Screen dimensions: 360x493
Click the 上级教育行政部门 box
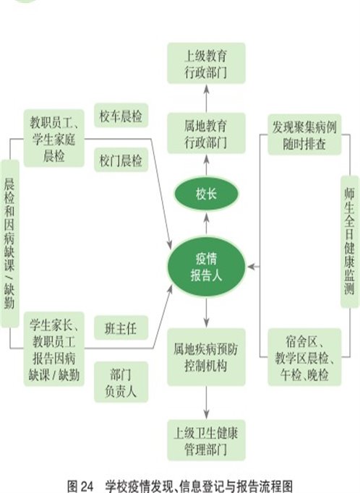[206, 63]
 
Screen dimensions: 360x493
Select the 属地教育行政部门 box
[206, 133]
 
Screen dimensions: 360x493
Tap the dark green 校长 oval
[206, 194]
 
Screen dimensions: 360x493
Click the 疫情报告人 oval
[206, 267]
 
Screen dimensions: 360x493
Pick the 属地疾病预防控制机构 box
[206, 357]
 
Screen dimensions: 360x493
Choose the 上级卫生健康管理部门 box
[206, 440]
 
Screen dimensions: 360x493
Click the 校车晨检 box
[121, 116]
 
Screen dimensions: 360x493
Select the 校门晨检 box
[121, 160]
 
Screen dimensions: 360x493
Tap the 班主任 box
[121, 327]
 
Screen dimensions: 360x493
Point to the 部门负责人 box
[121, 382]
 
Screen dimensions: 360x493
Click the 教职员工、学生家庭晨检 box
[54, 138]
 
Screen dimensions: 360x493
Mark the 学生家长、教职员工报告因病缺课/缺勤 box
[54, 349]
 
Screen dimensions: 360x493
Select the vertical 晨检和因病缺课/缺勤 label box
[9, 244]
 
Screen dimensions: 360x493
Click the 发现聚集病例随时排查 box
[304, 134]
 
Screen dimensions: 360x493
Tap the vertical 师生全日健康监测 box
[350, 241]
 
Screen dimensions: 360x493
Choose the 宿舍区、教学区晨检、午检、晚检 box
[304, 357]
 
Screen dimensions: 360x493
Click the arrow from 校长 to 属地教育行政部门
[206, 166]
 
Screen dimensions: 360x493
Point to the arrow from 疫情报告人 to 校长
[206, 224]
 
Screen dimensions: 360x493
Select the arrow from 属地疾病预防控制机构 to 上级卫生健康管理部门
[206, 403]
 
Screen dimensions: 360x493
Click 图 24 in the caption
[80, 486]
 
